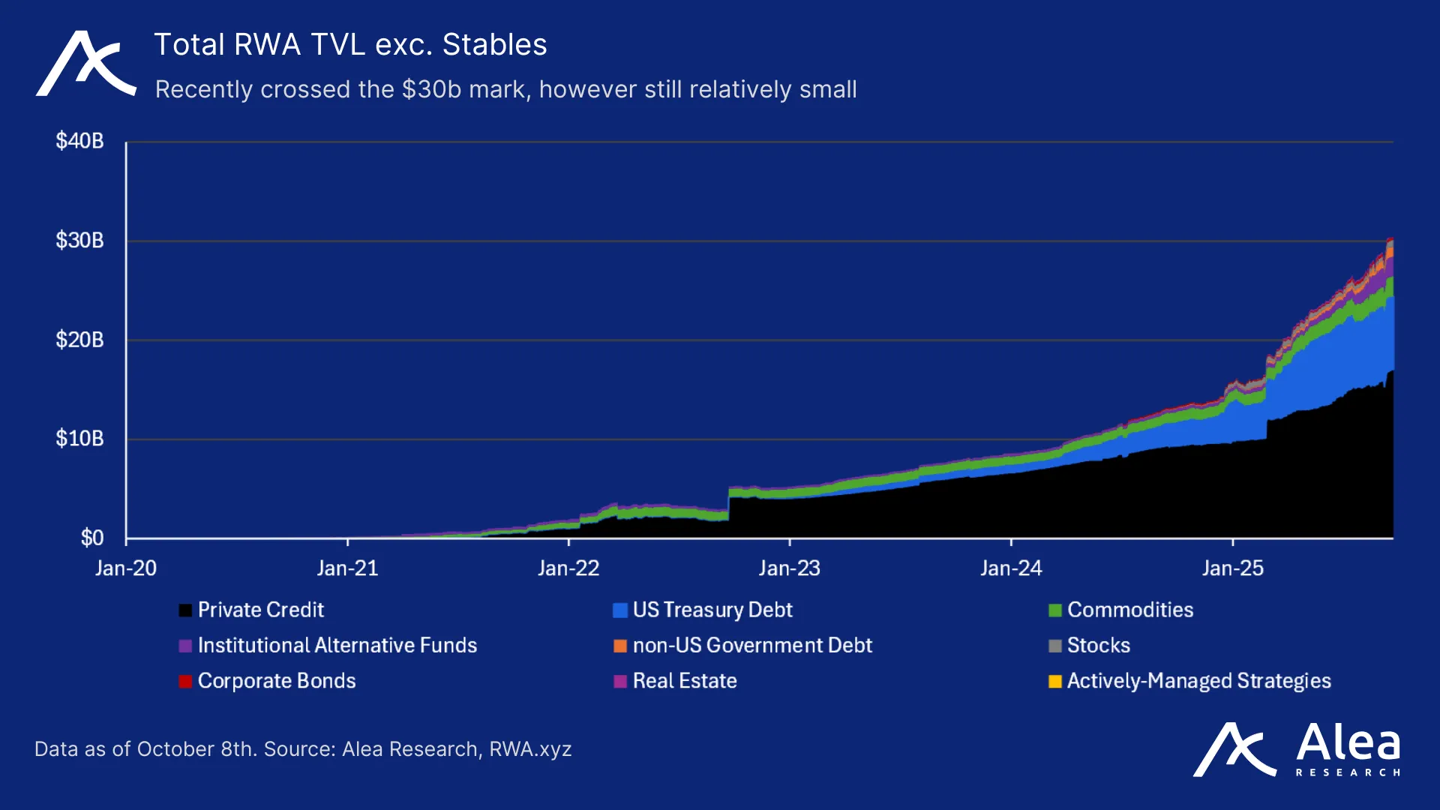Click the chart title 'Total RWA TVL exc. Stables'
coord(350,45)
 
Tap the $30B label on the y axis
coord(79,241)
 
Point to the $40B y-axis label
coord(79,141)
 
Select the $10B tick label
coord(79,439)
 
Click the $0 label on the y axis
coord(92,538)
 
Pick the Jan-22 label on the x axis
coord(568,568)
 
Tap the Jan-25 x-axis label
coord(1232,568)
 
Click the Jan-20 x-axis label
coord(126,568)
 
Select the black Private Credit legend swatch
coord(185,610)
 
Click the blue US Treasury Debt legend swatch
coord(619,610)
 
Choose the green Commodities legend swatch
coord(1054,610)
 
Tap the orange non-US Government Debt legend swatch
coord(619,646)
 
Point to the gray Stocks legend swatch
coord(1054,646)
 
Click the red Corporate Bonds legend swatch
coord(185,682)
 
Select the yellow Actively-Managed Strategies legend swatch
coord(1054,682)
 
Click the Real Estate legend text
coord(684,681)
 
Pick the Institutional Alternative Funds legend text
coord(337,646)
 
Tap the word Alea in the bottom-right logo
coord(1348,743)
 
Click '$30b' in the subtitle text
coord(431,89)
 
